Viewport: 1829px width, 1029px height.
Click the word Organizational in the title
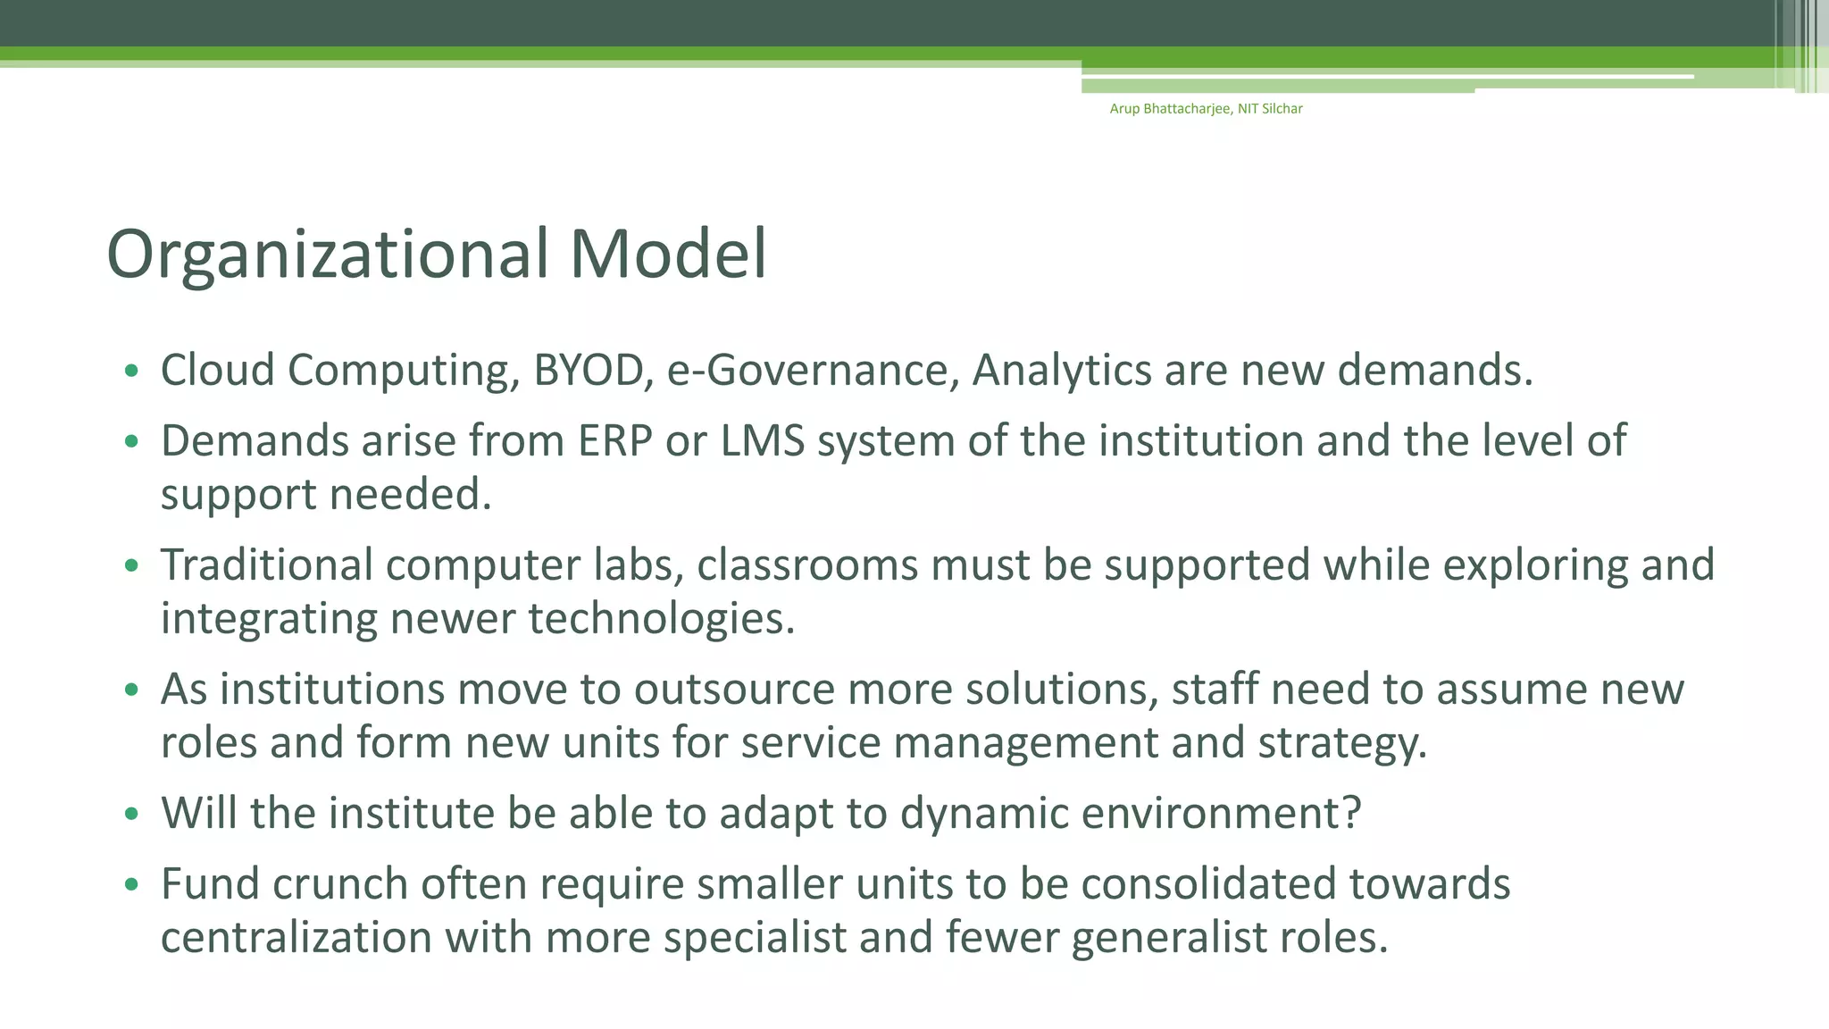(x=327, y=255)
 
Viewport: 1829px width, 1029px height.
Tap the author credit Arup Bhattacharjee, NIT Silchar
(x=1206, y=109)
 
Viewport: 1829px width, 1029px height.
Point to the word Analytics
(x=1061, y=371)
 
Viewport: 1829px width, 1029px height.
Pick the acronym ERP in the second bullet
(x=615, y=441)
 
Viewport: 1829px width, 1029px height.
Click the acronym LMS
(x=763, y=441)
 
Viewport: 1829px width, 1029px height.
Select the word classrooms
(x=807, y=565)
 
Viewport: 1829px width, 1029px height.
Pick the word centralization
(x=296, y=938)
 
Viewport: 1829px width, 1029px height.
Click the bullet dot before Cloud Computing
(x=132, y=371)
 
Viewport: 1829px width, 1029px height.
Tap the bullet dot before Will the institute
(x=132, y=814)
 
